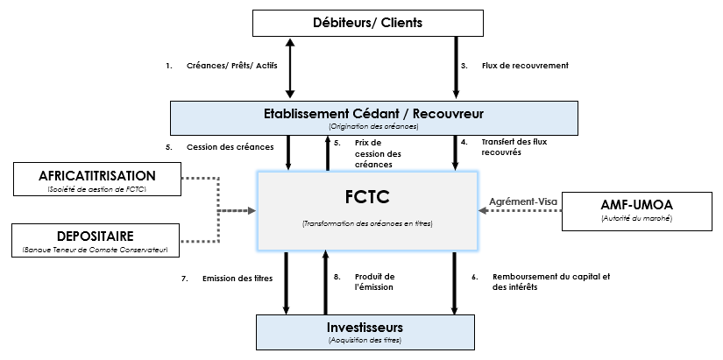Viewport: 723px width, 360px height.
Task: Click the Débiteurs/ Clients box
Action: [x=367, y=23]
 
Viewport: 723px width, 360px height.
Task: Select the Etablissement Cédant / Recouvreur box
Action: [x=373, y=118]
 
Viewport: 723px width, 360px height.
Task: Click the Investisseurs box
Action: [x=367, y=331]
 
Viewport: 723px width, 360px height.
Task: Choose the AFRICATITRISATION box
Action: [x=97, y=179]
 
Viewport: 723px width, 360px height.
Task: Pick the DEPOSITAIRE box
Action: [x=97, y=241]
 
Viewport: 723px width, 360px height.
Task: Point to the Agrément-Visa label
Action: [x=522, y=201]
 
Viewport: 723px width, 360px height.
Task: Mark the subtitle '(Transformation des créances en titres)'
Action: [x=366, y=224]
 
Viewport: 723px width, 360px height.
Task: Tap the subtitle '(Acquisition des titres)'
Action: [x=367, y=340]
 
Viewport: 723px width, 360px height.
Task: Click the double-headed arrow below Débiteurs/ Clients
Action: [x=289, y=67]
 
